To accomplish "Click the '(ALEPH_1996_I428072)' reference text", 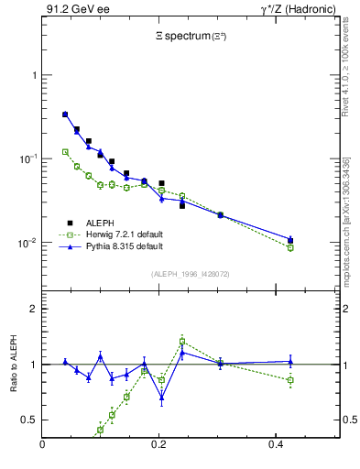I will tap(191, 274).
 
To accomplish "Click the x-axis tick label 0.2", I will tap(158, 446).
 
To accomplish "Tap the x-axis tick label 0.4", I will tap(275, 446).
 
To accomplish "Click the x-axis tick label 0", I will tap(42, 446).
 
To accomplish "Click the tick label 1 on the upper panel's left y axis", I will tap(34, 75).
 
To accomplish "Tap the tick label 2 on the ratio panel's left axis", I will tap(34, 309).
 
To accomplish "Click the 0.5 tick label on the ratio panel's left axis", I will tap(29, 420).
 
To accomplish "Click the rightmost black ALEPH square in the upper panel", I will tap(290, 241).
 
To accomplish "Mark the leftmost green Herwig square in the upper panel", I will tap(65, 152).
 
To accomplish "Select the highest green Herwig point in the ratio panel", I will tap(182, 341).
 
